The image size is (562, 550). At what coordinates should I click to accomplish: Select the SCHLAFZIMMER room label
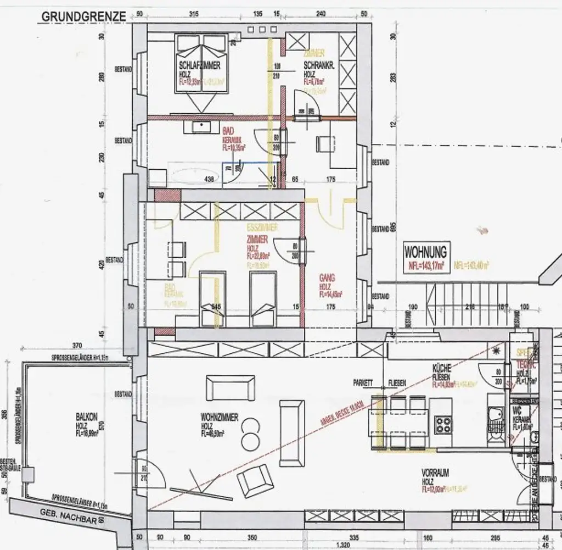pyautogui.click(x=200, y=65)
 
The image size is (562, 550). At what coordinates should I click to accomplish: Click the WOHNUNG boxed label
pyautogui.click(x=425, y=252)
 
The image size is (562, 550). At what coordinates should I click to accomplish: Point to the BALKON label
pyautogui.click(x=87, y=418)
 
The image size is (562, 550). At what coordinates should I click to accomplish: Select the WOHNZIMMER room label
pyautogui.click(x=220, y=418)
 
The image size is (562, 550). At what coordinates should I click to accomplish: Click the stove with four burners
pyautogui.click(x=443, y=424)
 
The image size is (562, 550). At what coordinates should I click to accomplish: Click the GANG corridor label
pyautogui.click(x=327, y=279)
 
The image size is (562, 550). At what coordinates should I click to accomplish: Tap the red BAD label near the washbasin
pyautogui.click(x=229, y=132)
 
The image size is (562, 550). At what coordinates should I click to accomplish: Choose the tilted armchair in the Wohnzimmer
pyautogui.click(x=256, y=481)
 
